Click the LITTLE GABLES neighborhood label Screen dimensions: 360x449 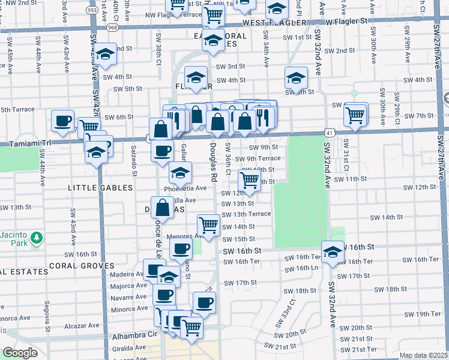(x=100, y=188)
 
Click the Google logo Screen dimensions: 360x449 (x=20, y=353)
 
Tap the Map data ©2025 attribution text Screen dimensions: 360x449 (x=423, y=355)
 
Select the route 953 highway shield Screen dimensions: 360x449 (x=92, y=10)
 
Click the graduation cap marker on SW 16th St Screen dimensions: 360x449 (x=333, y=252)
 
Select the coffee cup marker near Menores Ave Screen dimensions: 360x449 (x=181, y=248)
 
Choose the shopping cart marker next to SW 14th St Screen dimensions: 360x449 (x=208, y=225)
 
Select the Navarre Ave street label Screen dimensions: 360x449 (x=128, y=298)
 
